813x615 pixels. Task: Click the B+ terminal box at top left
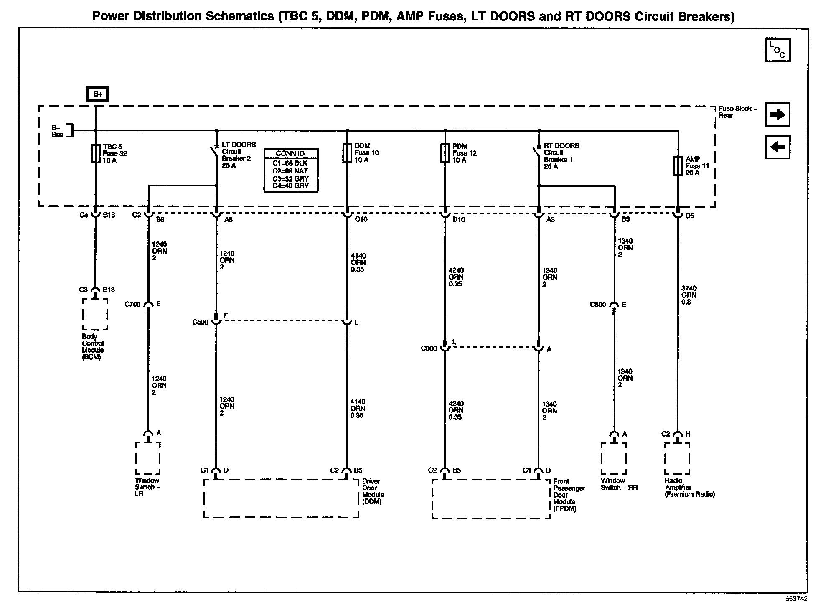click(x=97, y=94)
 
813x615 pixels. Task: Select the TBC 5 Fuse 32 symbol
click(x=96, y=153)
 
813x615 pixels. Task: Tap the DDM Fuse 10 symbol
click(x=347, y=152)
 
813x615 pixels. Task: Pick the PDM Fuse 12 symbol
click(x=445, y=153)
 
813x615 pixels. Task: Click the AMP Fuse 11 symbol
click(x=678, y=166)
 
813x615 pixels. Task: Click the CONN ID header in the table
click(x=290, y=153)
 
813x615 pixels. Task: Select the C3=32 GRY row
click(x=290, y=179)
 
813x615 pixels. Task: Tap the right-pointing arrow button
click(x=777, y=114)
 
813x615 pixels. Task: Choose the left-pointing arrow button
click(x=777, y=147)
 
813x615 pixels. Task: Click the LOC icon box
click(x=777, y=50)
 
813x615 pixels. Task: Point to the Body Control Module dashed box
click(x=95, y=314)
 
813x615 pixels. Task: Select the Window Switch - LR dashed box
click(x=147, y=458)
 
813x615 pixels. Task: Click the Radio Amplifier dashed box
click(x=677, y=458)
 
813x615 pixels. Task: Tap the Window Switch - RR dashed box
click(x=614, y=458)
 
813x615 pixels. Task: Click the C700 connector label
click(x=132, y=304)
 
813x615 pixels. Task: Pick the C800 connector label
click(x=598, y=305)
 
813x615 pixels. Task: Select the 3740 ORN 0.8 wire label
click(x=689, y=295)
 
